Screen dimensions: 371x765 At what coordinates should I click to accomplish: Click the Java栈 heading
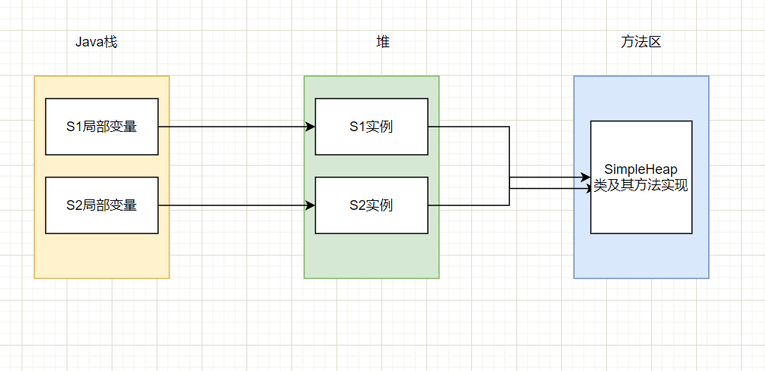[x=96, y=42]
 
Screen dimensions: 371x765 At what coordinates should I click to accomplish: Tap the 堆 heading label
[x=382, y=42]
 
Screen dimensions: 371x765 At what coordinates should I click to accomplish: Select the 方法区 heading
[x=641, y=42]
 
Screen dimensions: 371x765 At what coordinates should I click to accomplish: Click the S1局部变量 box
[x=102, y=127]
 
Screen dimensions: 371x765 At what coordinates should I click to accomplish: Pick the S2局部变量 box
[x=102, y=205]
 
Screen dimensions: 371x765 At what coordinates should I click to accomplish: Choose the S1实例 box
[x=372, y=127]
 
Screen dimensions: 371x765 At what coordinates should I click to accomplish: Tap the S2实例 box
[x=372, y=205]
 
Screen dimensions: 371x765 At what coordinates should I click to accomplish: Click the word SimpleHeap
[x=641, y=170]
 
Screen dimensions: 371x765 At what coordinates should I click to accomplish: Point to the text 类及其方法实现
[x=641, y=186]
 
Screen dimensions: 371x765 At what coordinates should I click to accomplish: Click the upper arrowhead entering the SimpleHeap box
[x=586, y=178]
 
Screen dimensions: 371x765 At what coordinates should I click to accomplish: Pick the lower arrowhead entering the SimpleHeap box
[x=586, y=189]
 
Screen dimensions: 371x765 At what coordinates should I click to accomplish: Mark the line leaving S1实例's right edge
[x=468, y=127]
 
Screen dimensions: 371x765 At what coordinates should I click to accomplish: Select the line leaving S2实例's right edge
[x=468, y=205]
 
